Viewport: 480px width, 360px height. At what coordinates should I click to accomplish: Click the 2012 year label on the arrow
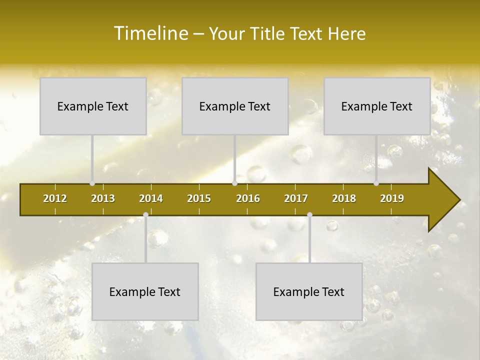[x=55, y=198]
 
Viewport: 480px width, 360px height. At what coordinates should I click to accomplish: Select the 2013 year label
[x=103, y=198]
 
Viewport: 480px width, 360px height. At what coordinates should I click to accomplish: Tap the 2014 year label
[x=151, y=198]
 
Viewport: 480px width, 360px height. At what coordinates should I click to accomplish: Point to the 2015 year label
[x=199, y=198]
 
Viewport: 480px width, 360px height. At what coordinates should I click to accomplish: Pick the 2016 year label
[x=248, y=198]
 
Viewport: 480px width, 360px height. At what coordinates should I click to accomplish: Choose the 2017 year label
[x=296, y=198]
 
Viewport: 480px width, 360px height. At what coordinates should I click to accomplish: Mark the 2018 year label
[x=344, y=198]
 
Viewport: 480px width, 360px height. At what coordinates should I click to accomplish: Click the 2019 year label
[x=392, y=198]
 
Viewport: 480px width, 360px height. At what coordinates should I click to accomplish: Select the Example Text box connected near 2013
[x=93, y=106]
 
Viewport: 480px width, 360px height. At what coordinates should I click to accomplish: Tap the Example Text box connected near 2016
[x=235, y=106]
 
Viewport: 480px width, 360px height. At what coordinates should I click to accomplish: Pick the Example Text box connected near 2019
[x=377, y=106]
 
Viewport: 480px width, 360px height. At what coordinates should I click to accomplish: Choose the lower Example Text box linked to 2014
[x=145, y=291]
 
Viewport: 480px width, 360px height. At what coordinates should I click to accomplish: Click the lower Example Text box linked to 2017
[x=309, y=291]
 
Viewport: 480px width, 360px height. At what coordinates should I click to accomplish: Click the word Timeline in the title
[x=150, y=33]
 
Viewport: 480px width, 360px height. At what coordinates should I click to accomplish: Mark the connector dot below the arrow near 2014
[x=145, y=214]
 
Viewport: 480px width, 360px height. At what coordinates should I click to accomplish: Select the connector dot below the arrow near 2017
[x=309, y=214]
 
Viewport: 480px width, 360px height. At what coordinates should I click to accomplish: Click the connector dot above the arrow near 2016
[x=234, y=183]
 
